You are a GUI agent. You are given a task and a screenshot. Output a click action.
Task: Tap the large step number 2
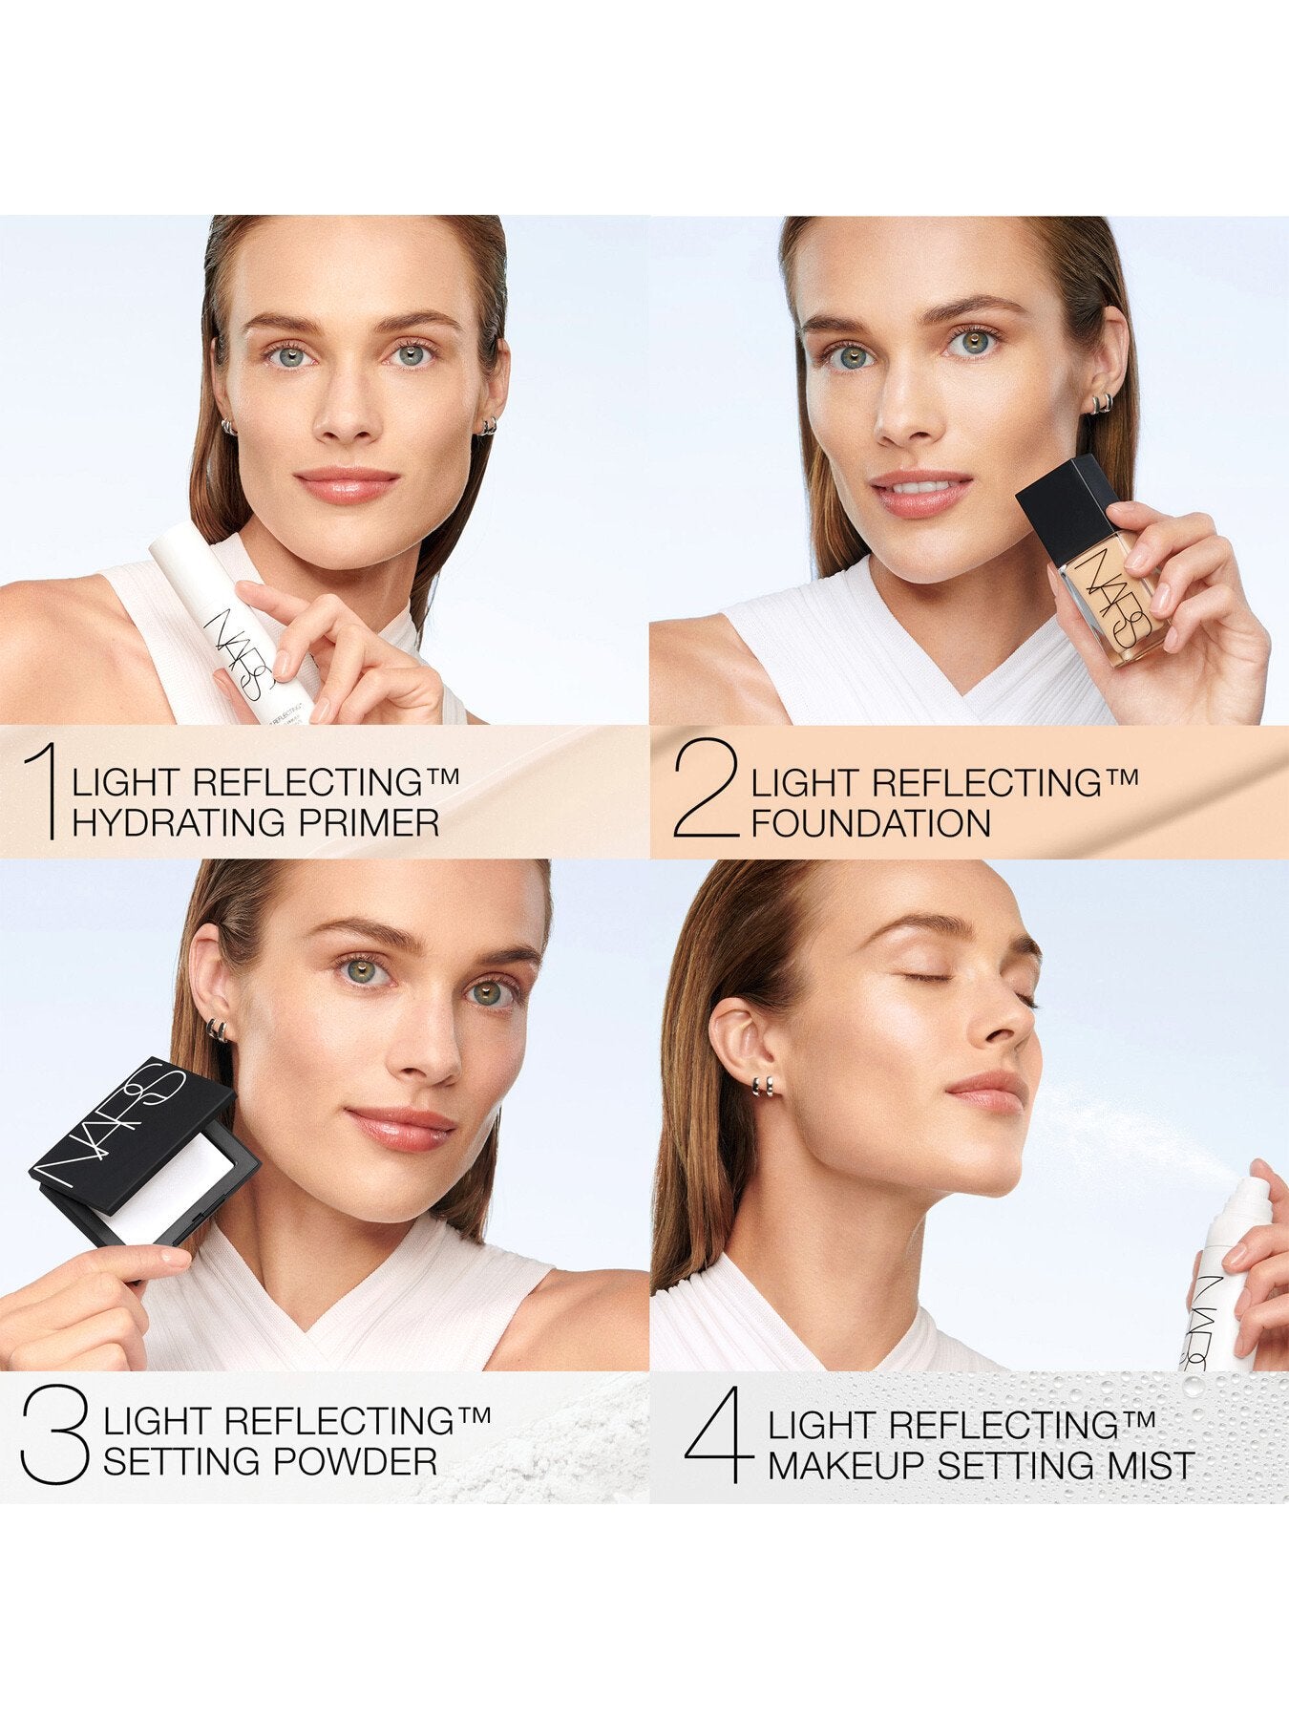point(707,792)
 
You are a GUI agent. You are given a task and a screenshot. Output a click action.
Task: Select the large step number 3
point(55,1436)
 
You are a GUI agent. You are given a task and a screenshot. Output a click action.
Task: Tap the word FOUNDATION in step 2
point(871,822)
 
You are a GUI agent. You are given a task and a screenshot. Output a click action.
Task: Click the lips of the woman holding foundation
point(919,492)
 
